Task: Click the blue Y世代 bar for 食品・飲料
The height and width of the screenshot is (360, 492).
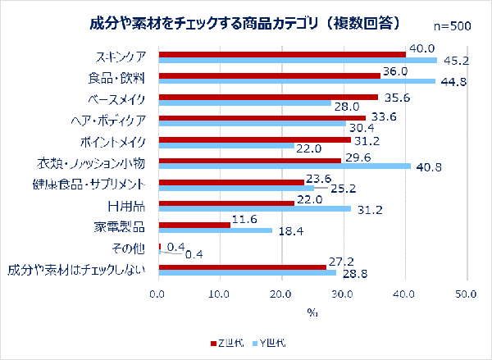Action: [296, 81]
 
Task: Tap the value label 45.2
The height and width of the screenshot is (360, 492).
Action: [455, 60]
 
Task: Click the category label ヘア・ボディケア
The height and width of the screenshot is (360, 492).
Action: [109, 120]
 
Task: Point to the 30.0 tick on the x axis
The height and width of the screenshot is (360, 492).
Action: [281, 294]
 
